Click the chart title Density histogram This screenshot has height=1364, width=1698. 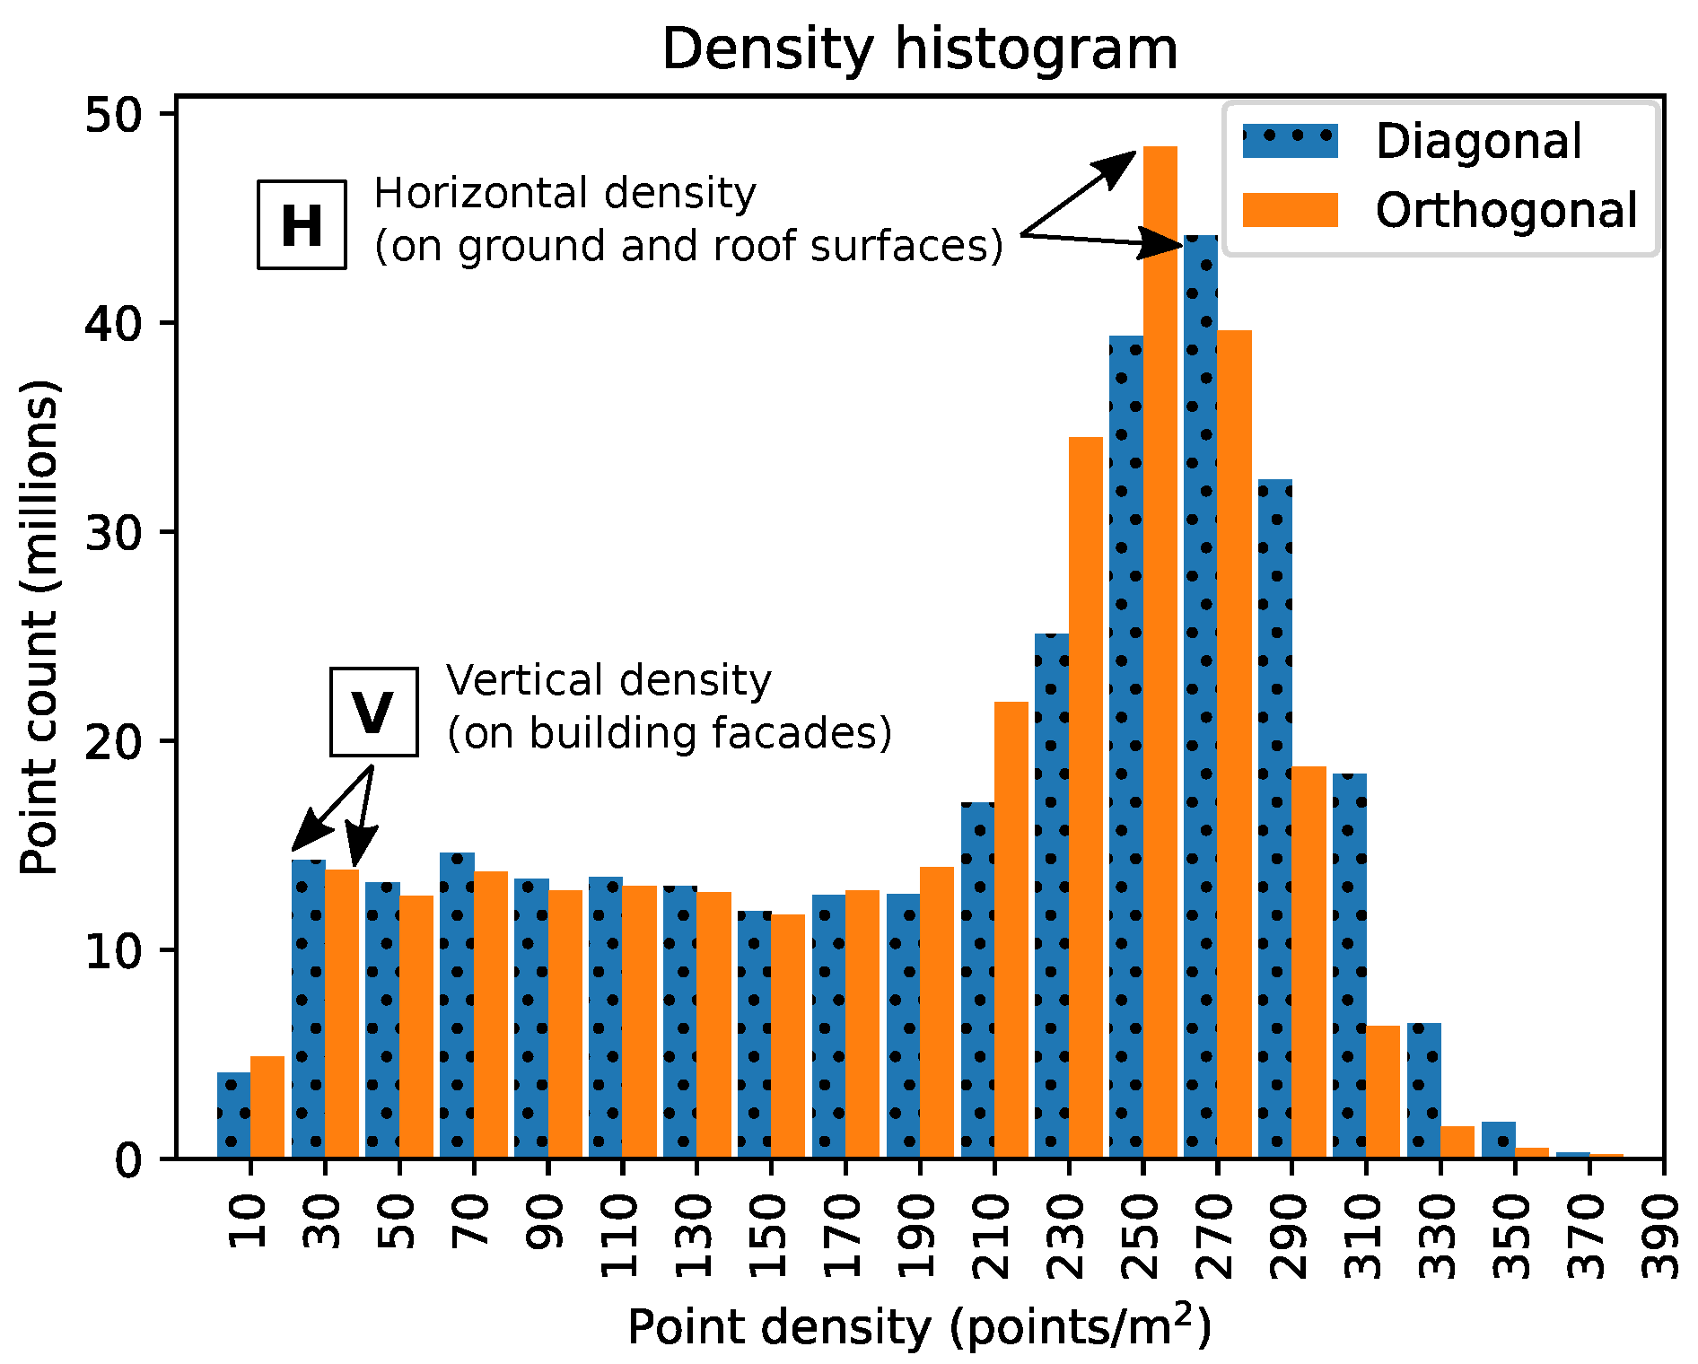(919, 48)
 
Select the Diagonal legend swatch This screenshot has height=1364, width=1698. (1290, 142)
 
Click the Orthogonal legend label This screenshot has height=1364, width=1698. (1506, 211)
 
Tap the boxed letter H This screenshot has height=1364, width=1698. (302, 224)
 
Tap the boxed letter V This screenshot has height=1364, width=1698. (373, 713)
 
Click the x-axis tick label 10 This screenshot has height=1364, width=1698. (250, 1220)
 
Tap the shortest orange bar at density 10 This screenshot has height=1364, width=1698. (267, 1107)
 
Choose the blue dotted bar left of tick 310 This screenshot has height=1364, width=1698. (1349, 966)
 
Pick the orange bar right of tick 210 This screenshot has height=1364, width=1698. (1011, 930)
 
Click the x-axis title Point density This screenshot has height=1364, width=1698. (919, 1326)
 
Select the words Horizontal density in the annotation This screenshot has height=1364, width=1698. (565, 194)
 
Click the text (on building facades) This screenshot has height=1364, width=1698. (670, 733)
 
